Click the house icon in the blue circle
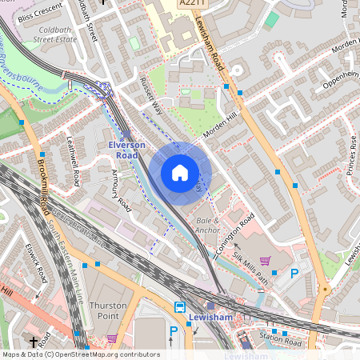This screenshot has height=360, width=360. (x=180, y=173)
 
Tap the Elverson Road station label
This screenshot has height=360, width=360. (x=127, y=150)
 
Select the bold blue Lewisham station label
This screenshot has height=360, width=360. (x=210, y=318)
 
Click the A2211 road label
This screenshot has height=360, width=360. (x=193, y=4)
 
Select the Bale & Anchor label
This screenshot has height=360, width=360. (x=207, y=226)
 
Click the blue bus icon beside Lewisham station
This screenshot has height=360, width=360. (x=180, y=307)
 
